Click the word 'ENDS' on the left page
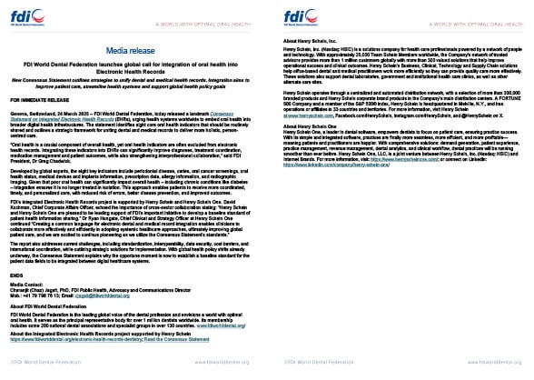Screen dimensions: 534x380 click(15, 273)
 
